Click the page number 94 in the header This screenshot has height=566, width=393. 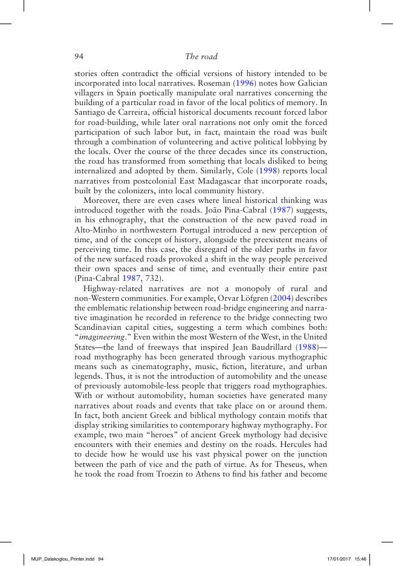pyautogui.click(x=78, y=57)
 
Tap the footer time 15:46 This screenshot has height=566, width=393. pyautogui.click(x=361, y=559)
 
